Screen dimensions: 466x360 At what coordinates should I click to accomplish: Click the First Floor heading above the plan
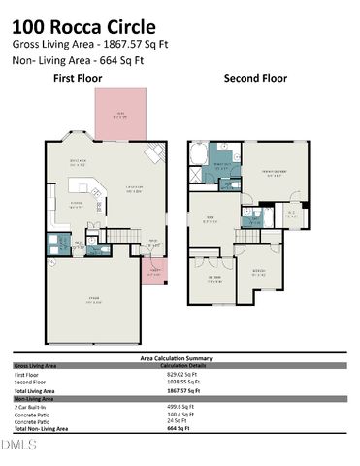point(79,78)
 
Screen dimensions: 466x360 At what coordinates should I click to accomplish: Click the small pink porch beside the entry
point(153,274)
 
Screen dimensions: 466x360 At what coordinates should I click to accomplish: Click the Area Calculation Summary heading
point(180,357)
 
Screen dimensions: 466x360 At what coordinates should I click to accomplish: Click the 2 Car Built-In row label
point(34,406)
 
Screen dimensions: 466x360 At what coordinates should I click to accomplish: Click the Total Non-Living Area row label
point(41,427)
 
